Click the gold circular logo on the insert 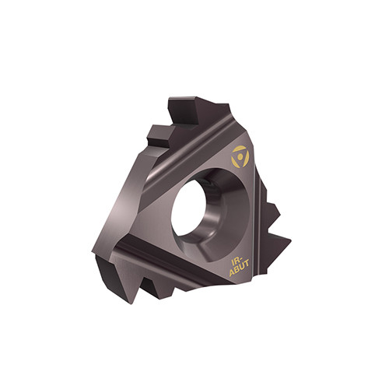(240, 156)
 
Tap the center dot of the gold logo (240, 156)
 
